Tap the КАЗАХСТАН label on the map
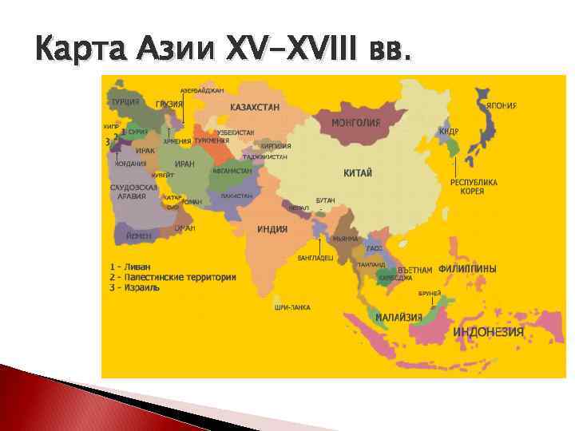click(255, 106)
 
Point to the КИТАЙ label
click(359, 173)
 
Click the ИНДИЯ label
click(272, 229)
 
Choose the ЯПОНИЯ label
click(501, 105)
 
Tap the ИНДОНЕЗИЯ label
click(489, 331)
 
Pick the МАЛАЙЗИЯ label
click(399, 317)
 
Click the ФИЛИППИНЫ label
click(467, 269)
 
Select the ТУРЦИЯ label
click(125, 102)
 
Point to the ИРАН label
click(184, 164)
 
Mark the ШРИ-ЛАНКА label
click(292, 307)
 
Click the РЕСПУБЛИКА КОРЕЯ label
click(474, 187)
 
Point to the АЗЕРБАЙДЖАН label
click(201, 90)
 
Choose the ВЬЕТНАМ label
click(415, 270)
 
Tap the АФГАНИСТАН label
click(231, 170)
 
